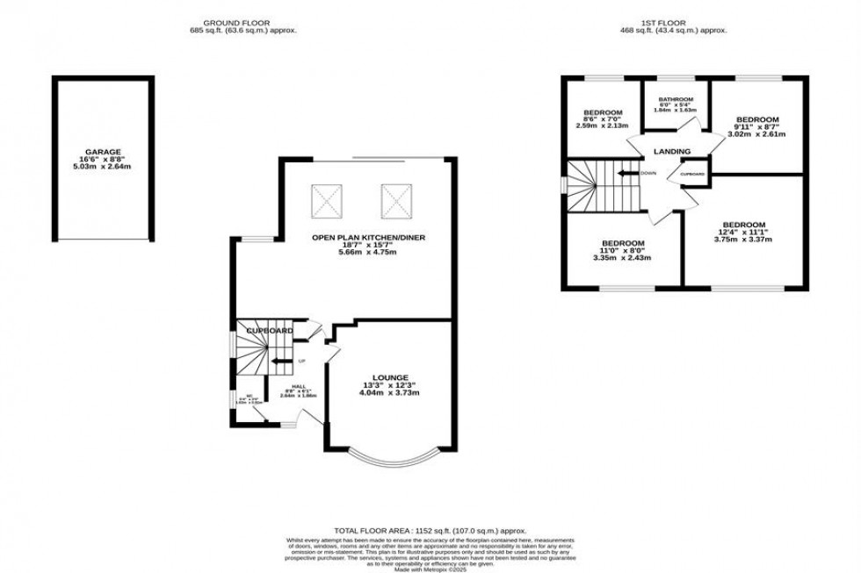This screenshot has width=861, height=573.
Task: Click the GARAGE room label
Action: [x=104, y=151]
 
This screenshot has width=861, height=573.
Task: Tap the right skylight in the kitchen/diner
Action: [x=395, y=202]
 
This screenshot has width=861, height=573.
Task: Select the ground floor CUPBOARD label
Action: [x=269, y=330]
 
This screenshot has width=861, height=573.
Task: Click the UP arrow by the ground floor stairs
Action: [x=283, y=360]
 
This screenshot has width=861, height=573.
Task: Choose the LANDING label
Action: [x=671, y=152]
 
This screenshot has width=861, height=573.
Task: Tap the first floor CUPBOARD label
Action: [x=692, y=174]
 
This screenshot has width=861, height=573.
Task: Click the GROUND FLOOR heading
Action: [x=236, y=22]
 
